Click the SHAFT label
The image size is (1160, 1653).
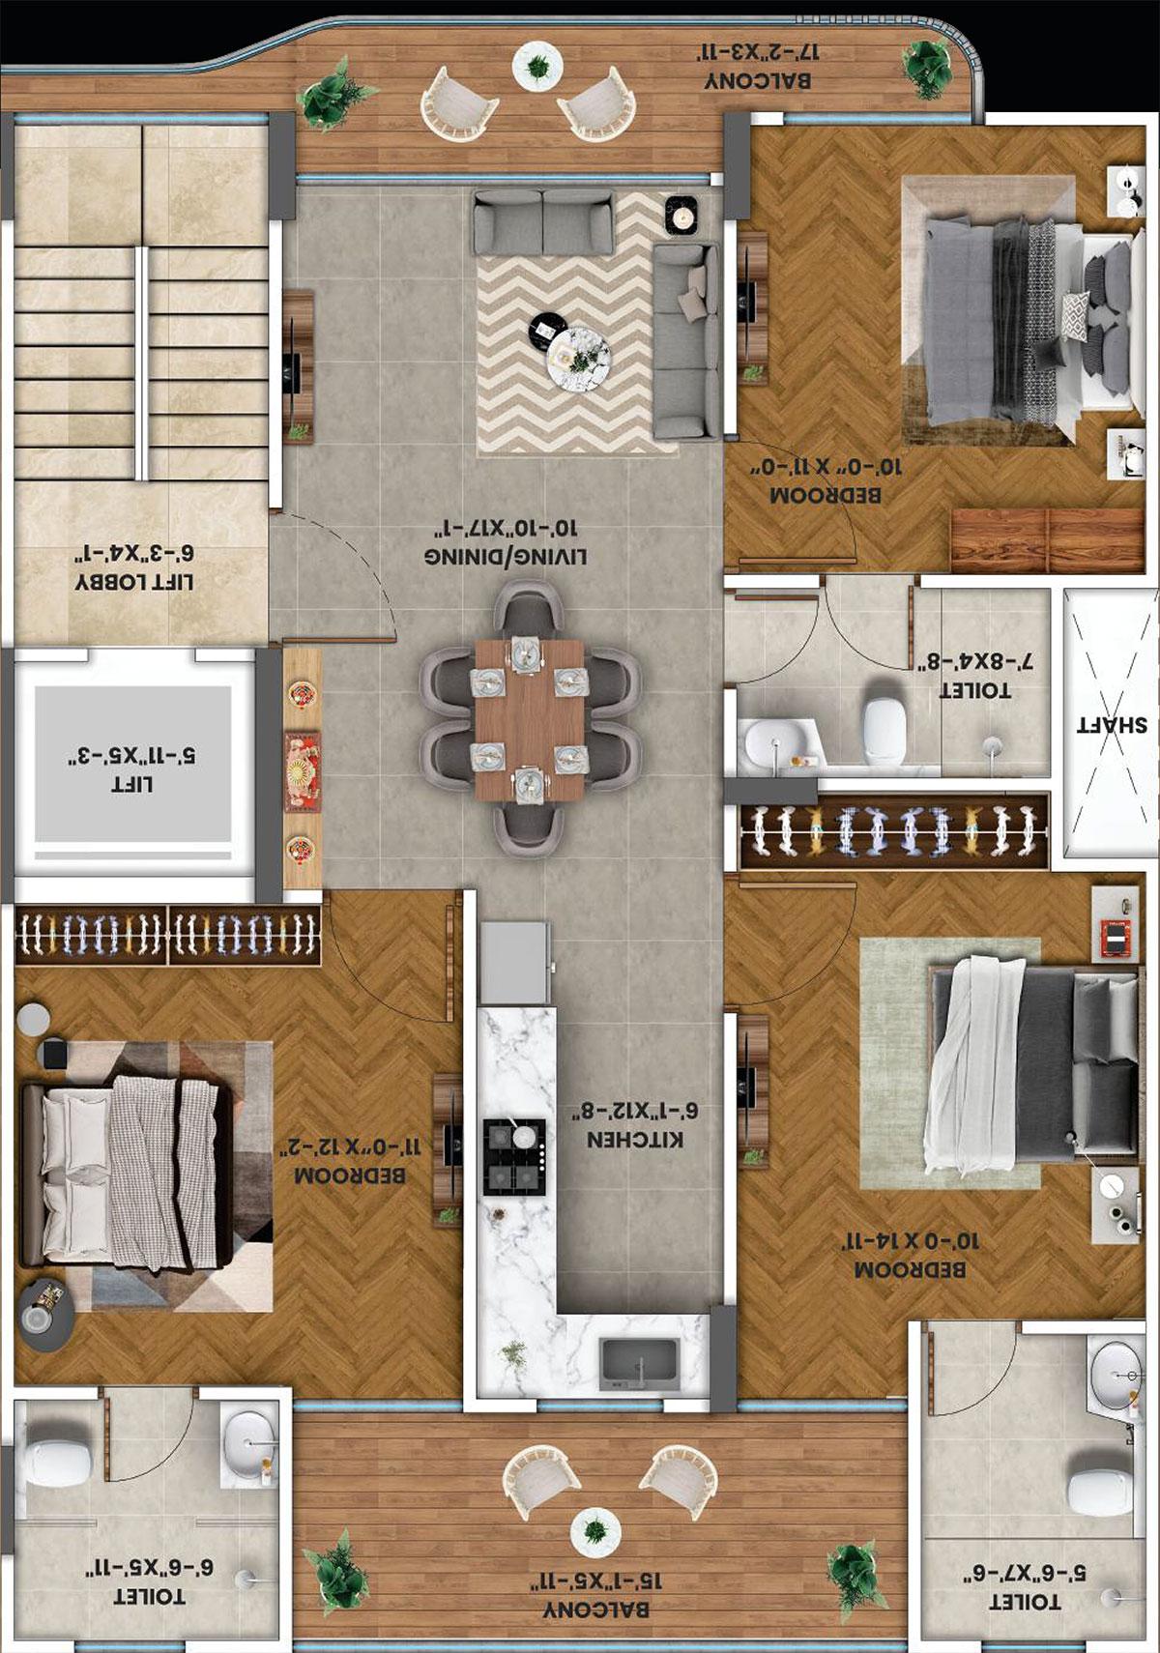pos(1112,725)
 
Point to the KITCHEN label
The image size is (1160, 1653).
pos(635,1139)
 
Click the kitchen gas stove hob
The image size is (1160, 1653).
pos(513,1156)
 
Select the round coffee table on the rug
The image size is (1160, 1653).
pos(577,357)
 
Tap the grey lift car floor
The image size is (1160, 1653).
pos(133,764)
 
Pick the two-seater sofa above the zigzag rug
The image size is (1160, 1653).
pos(542,222)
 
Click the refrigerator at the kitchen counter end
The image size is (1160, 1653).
pos(516,962)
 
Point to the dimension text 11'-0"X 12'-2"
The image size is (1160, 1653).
pos(350,1147)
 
